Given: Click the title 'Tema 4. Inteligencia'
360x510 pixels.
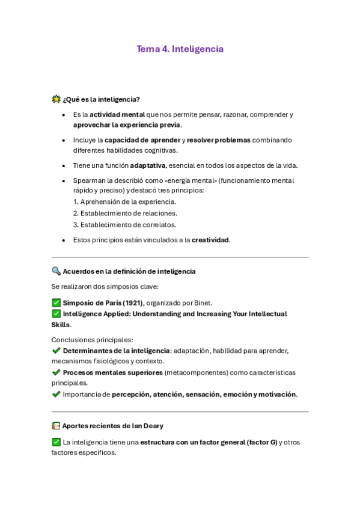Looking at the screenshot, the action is pos(180,49).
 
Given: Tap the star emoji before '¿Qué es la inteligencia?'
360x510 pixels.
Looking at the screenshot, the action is pos(56,99).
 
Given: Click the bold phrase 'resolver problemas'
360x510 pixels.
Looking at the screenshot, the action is pos(218,140).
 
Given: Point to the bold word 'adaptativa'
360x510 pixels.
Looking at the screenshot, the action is pos(147,165).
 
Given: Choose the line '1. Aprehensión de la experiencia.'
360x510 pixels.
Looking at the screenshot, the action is pos(124,202).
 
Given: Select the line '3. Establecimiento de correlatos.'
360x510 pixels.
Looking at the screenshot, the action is pos(124,224).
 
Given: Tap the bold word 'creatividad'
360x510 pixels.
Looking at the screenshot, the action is pos(210,239).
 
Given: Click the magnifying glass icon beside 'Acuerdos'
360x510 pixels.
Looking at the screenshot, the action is pos(56,271).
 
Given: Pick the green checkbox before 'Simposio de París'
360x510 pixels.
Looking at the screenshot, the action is pos(56,303).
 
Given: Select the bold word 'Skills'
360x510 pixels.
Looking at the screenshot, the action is pos(61,325).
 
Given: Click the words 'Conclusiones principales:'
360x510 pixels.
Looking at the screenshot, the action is pos(92,340).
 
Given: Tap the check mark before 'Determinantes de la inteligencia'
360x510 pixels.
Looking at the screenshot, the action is pos(56,351).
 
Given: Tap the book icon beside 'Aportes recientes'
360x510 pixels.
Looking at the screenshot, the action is pos(56,426).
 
